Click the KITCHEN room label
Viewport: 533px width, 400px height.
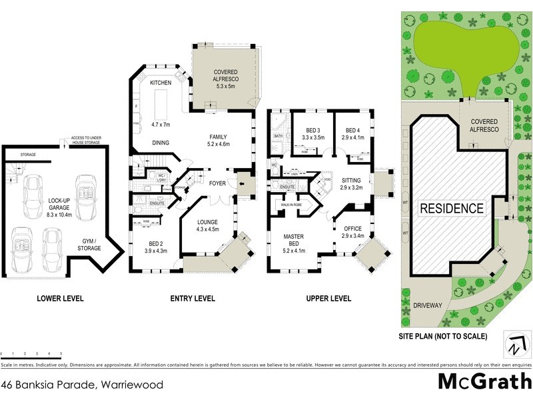pos(161,83)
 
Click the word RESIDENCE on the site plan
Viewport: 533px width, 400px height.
pos(452,208)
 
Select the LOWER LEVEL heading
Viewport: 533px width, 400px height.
pos(60,299)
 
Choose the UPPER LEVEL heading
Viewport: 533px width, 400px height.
pos(328,299)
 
